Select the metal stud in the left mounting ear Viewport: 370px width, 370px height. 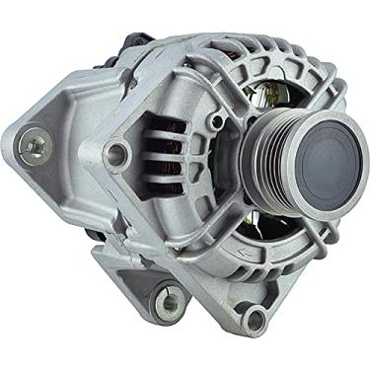pyautogui.click(x=34, y=147)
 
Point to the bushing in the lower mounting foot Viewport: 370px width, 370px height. pyautogui.click(x=171, y=298)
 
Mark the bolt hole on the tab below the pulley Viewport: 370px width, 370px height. pyautogui.click(x=255, y=318)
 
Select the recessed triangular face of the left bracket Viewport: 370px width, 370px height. pyautogui.click(x=74, y=118)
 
